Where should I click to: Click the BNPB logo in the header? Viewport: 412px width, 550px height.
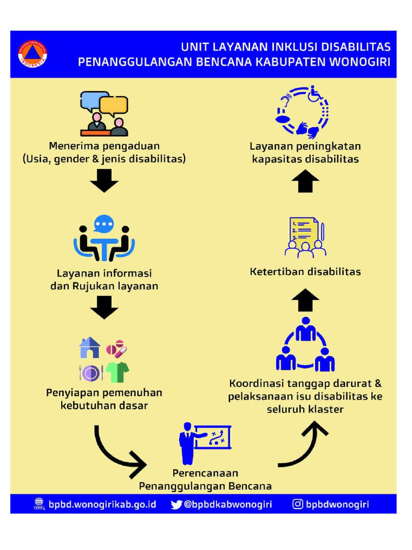pos(32,54)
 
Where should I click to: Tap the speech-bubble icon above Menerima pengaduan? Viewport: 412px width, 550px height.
pos(104,113)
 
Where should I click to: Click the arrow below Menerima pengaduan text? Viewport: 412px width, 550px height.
pos(104,181)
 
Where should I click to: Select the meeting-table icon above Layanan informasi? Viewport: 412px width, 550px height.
pos(104,239)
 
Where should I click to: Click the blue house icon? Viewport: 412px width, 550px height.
pos(90,348)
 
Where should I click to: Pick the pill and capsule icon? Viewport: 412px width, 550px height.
pos(117,349)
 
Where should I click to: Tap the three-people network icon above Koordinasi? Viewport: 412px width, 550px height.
pos(305,344)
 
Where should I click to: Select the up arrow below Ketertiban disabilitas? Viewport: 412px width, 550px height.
pos(305,300)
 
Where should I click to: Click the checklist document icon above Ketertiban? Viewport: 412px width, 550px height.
pos(305,237)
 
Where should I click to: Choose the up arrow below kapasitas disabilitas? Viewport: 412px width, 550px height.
pos(305,181)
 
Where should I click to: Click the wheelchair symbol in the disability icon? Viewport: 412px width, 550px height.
pos(316,95)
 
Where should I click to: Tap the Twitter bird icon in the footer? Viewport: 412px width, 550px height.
pos(176,504)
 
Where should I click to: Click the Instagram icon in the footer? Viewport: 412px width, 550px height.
pos(298,504)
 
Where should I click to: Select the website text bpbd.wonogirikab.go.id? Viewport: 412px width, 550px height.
pos(102,504)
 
